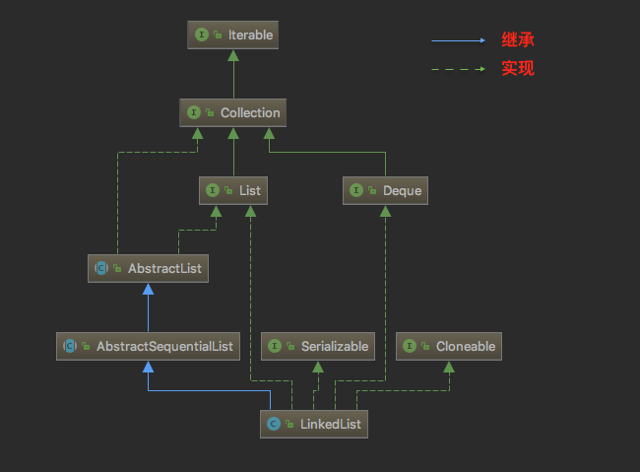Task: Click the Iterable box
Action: point(232,35)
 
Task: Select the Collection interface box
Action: point(232,112)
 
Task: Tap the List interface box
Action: point(232,189)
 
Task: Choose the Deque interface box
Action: point(385,189)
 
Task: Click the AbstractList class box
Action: point(147,267)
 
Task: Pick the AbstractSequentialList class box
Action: point(148,346)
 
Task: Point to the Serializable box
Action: point(317,346)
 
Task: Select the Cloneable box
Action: point(449,346)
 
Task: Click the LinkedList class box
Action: point(314,425)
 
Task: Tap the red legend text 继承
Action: point(517,40)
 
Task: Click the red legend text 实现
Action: point(517,69)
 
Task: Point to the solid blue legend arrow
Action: point(458,40)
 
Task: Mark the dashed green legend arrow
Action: point(458,69)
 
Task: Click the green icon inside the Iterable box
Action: point(202,35)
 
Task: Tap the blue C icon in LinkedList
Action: point(274,425)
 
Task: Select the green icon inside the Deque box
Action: point(356,189)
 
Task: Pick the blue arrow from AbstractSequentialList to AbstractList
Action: point(147,306)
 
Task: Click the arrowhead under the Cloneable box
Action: point(449,367)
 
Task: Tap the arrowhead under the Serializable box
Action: point(317,367)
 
